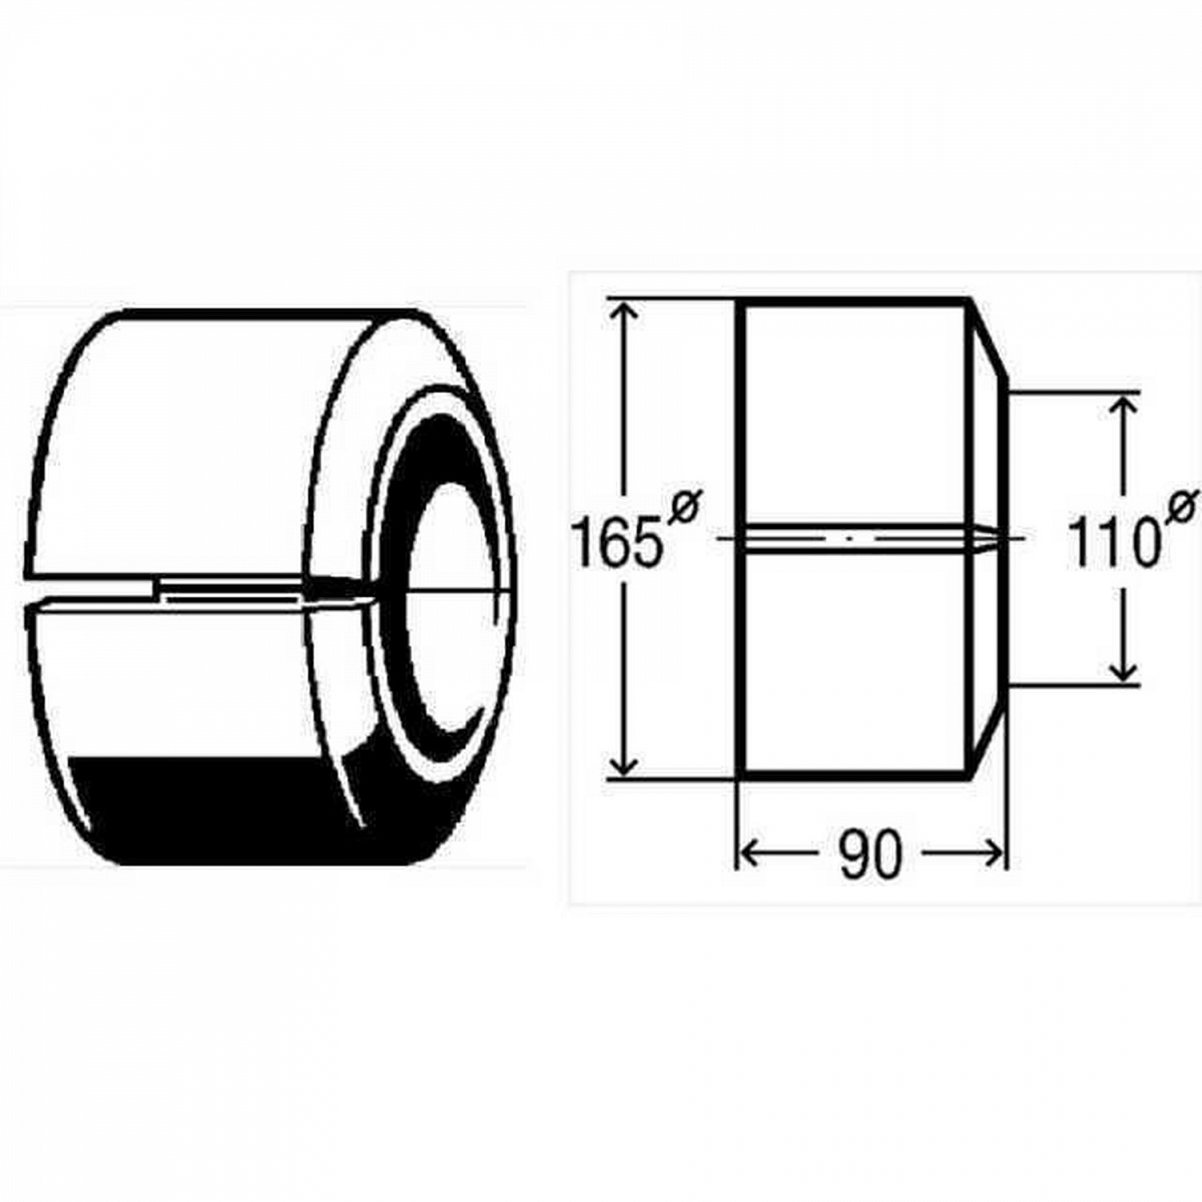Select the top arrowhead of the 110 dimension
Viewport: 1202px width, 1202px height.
click(x=1126, y=409)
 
